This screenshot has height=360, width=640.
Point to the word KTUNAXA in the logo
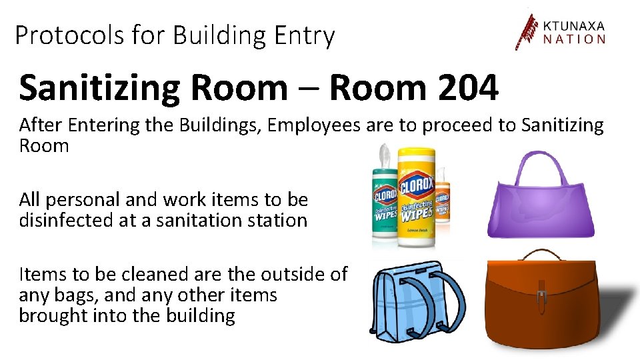pos(573,26)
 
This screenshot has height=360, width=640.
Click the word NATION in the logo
pos(573,39)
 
